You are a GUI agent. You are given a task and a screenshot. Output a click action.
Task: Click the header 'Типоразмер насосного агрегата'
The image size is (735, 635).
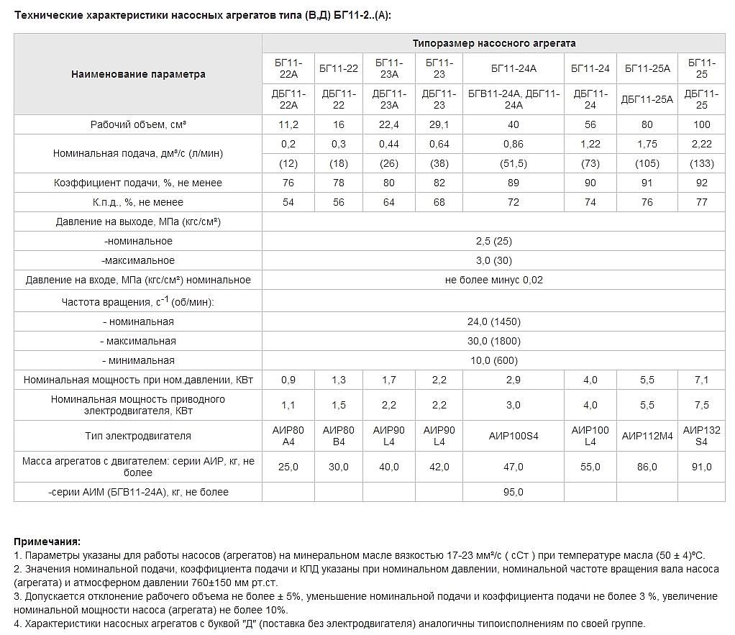pos(493,43)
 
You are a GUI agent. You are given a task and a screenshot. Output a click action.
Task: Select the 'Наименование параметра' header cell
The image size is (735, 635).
pos(138,74)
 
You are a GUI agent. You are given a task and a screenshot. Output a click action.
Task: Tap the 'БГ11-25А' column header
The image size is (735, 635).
pos(647,68)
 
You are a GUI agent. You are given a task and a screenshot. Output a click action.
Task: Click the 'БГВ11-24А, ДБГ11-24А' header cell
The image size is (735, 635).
pos(513,99)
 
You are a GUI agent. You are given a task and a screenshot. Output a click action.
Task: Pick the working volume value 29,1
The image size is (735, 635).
pos(439,124)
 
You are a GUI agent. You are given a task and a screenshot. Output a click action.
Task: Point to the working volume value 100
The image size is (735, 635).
pos(701,124)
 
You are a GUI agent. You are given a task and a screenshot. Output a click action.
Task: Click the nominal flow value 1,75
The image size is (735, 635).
pos(647,144)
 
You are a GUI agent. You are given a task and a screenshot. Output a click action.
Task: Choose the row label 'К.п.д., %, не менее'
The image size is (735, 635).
pos(138,202)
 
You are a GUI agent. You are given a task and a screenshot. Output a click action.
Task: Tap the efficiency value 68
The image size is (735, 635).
pos(439,202)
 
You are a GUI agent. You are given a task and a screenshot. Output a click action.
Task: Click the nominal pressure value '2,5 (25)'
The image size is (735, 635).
pos(493,241)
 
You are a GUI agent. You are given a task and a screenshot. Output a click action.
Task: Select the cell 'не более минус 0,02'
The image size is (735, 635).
pos(493,280)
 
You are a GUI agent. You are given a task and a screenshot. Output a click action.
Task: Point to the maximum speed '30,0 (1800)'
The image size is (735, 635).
pos(493,341)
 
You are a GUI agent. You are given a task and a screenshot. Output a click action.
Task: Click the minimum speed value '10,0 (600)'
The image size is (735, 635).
pos(493,360)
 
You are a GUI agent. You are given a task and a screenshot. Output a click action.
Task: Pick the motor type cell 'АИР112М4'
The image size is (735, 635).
pos(647,436)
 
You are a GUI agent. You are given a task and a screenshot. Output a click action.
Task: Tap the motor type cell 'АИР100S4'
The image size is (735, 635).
pos(513,436)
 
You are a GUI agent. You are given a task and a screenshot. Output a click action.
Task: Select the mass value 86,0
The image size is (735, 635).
pos(647,467)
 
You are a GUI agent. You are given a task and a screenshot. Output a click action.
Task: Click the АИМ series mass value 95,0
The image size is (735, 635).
pos(513,492)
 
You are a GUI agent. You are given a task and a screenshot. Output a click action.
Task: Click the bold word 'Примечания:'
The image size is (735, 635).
pos(47,542)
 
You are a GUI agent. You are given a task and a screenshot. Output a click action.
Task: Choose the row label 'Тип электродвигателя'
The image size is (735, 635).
pos(138,436)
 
